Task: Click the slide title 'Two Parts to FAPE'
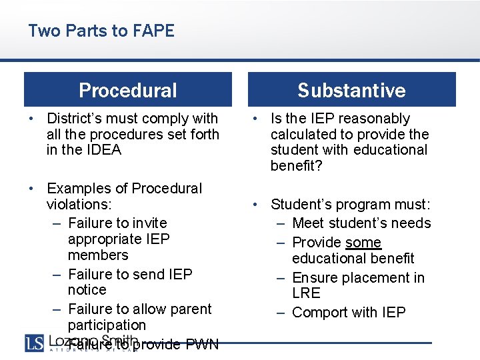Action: (101, 31)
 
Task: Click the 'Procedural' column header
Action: (128, 90)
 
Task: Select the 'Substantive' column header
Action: (351, 90)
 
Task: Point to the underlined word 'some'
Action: (363, 243)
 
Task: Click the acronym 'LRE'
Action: (306, 293)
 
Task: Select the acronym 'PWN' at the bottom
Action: (202, 345)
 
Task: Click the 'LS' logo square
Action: (34, 343)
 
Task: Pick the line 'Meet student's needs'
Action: (361, 223)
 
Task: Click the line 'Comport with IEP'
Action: (349, 313)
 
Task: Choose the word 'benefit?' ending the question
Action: (296, 166)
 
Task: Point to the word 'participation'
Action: (107, 325)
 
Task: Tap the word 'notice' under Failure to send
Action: (87, 290)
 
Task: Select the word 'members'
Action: (98, 255)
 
